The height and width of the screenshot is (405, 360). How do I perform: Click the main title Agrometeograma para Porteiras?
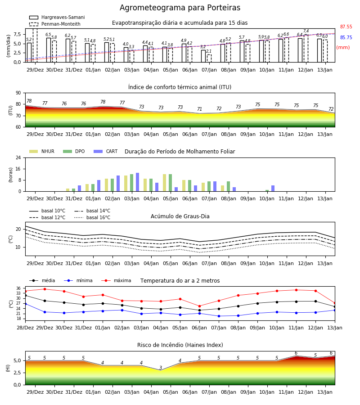180,8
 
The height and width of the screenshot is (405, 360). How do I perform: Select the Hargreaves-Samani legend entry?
57,17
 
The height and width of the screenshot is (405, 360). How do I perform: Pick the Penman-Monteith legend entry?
55,24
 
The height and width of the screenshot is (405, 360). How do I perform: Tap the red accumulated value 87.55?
346,27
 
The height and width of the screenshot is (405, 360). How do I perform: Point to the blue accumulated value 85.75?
346,37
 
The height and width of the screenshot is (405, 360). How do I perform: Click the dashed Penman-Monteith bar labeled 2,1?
209,58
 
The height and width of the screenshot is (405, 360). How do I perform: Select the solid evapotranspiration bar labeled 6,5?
49,50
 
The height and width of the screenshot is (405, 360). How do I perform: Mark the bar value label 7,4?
306,31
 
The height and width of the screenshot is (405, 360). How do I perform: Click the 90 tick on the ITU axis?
18,93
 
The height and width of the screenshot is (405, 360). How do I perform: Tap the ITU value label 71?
200,109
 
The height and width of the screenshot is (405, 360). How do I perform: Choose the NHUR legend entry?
42,151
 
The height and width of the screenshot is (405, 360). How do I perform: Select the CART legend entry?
106,151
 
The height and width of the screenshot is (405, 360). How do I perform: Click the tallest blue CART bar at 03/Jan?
137,182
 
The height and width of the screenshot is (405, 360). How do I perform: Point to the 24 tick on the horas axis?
18,157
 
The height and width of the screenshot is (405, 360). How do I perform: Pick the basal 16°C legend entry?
92,217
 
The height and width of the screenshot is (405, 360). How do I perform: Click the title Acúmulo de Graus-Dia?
180,216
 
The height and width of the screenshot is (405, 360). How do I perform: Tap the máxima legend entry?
117,280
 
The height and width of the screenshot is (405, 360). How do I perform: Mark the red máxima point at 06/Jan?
199,306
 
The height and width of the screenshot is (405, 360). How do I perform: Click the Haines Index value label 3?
161,368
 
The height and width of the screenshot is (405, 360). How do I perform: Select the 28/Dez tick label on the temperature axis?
25,328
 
